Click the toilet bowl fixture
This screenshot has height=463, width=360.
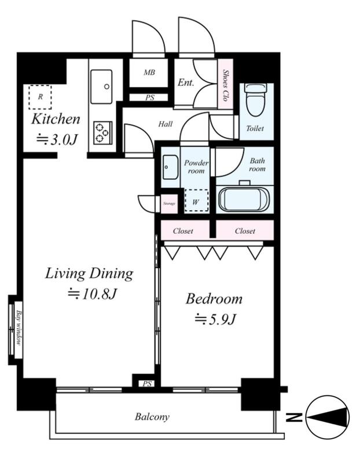point(256,100)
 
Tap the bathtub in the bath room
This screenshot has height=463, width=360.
point(244,199)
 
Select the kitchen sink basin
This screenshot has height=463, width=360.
point(101,86)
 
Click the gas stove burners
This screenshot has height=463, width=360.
point(103,133)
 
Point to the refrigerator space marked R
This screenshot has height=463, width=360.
point(40,97)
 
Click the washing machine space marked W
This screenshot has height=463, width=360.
point(196,201)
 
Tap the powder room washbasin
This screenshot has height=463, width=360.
point(170,167)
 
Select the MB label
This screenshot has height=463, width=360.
point(149,72)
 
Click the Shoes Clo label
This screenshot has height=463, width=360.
point(225,85)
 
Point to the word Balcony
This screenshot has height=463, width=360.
point(152,417)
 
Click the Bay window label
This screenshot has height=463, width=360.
point(19,328)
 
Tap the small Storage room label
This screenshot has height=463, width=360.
point(169,204)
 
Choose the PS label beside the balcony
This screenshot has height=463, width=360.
point(147,384)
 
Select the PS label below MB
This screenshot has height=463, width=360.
point(150,97)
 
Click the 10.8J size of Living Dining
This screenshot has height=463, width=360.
point(93,294)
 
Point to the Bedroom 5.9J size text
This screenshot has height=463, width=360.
point(215,319)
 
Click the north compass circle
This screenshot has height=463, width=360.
point(328,417)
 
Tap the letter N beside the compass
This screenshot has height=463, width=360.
point(294,417)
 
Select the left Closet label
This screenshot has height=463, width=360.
point(183,231)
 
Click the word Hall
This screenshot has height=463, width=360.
point(166,124)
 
